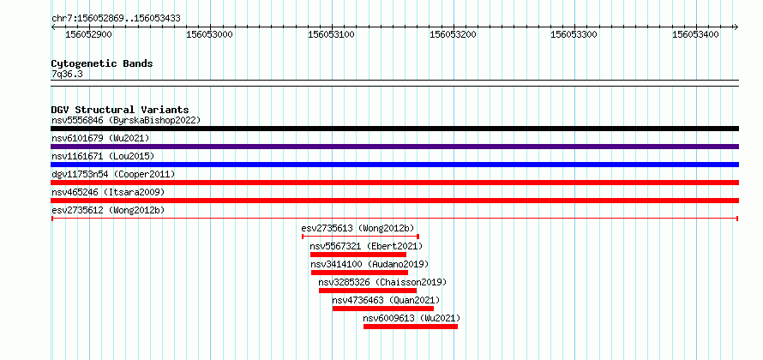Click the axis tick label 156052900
tap(88, 34)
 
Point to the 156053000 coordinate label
tap(210, 34)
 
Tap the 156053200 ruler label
tap(453, 34)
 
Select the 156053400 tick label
tap(695, 34)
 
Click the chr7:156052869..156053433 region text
tap(116, 19)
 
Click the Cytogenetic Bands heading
tap(102, 63)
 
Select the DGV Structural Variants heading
tap(120, 110)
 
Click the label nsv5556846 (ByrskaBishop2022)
tap(126, 120)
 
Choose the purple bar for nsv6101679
tap(394, 147)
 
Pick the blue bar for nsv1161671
tap(394, 165)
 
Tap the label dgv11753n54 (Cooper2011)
tap(113, 174)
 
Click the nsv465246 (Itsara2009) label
tap(108, 192)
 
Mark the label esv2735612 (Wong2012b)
tap(108, 210)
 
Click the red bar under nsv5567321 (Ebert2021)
tap(358, 255)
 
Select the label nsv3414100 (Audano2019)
tap(369, 264)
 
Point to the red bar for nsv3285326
tap(368, 291)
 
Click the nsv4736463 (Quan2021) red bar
tap(383, 309)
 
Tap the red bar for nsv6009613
tap(411, 327)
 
